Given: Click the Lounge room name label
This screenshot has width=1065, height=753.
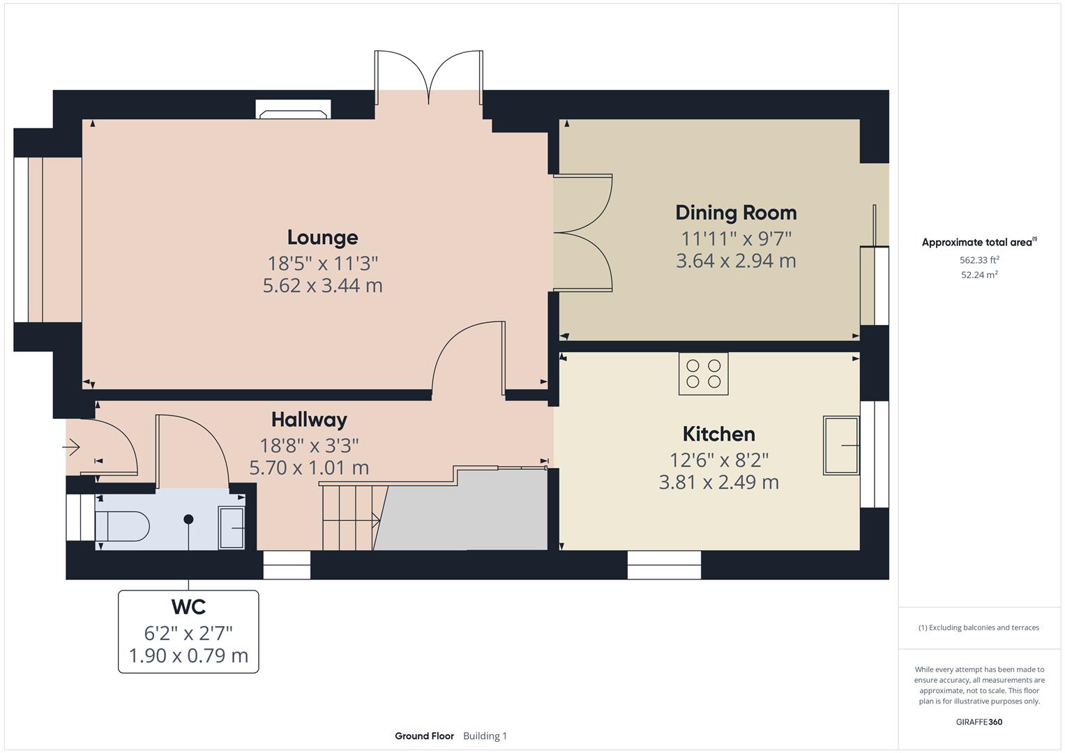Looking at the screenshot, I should click(322, 238).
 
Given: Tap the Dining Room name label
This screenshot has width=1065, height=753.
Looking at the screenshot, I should click(736, 213).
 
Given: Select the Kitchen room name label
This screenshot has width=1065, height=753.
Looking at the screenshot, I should click(718, 434).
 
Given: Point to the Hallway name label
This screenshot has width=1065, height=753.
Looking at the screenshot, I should click(309, 420).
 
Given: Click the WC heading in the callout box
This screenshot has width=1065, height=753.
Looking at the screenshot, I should click(188, 607).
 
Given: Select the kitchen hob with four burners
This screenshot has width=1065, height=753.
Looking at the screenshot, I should click(703, 374).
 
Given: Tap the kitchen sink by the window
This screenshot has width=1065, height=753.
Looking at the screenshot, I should click(841, 445).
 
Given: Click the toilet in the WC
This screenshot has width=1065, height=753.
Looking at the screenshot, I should click(123, 526).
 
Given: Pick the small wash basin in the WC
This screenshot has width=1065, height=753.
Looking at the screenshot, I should click(232, 528).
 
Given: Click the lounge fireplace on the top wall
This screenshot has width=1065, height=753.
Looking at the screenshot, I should click(293, 109).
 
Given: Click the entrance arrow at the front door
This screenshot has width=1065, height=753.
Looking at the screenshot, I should click(73, 446).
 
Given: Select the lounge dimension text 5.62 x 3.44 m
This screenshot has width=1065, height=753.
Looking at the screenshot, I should click(322, 286).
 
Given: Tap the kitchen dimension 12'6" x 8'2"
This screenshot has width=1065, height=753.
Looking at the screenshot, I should click(718, 460).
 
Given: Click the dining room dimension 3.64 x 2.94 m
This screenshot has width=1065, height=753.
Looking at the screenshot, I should click(736, 261).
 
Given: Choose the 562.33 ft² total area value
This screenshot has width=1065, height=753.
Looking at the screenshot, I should click(979, 260).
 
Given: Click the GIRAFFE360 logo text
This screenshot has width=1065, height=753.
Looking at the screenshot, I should click(979, 722).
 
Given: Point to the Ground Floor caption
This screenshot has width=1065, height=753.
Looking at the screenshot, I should click(424, 736).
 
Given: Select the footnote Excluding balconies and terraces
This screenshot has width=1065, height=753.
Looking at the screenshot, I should click(979, 627).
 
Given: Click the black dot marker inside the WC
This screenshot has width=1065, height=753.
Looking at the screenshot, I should click(188, 519).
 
